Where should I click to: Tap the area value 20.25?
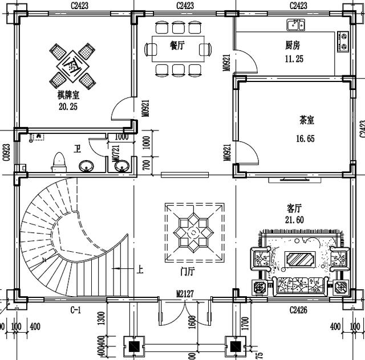click(68, 106)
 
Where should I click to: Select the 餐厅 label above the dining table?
click(177, 46)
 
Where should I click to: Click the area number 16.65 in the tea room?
click(305, 138)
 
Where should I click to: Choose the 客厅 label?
click(294, 208)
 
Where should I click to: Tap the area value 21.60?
click(294, 219)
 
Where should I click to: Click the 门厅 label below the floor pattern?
click(187, 272)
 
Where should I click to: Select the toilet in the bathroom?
click(58, 162)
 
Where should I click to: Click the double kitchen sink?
click(297, 25)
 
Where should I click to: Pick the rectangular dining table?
click(177, 49)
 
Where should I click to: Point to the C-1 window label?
click(75, 310)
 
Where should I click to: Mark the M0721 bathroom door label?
click(116, 156)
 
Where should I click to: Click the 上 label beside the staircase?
click(139, 268)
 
